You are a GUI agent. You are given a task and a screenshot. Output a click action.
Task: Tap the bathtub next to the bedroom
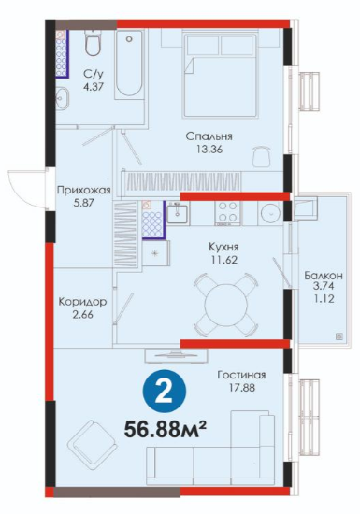129,64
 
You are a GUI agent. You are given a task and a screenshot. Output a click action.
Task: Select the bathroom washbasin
63,97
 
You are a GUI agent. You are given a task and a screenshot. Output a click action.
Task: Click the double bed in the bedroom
221,75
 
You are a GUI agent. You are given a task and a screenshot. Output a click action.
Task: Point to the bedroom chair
262,156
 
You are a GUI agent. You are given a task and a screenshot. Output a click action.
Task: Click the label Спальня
209,136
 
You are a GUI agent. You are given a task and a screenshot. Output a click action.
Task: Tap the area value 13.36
209,150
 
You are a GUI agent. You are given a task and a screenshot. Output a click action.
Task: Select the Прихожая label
84,190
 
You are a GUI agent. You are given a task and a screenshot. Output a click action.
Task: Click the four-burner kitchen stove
227,213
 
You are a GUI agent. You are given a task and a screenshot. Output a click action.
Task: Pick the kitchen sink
178,213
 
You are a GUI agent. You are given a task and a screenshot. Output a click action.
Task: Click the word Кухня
223,247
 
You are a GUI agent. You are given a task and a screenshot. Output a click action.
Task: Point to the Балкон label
324,276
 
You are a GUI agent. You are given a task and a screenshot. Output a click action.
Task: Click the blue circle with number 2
165,391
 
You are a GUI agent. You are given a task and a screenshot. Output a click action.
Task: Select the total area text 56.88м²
166,430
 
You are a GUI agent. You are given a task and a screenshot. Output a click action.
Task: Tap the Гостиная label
241,375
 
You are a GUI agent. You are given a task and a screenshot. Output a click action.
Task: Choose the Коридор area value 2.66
83,315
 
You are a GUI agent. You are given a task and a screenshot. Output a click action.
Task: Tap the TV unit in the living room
177,355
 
